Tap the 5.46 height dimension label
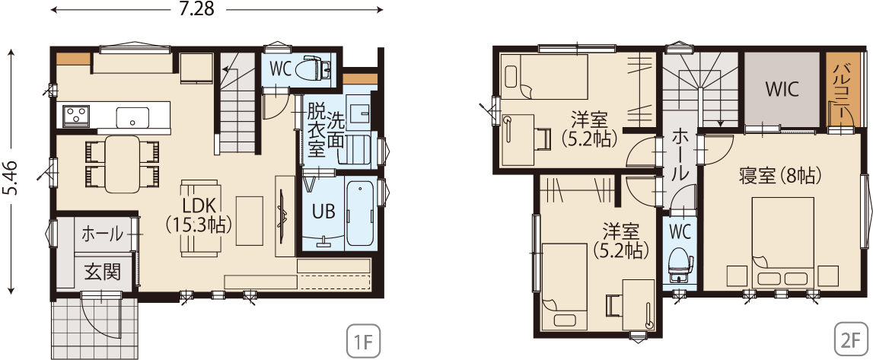11,178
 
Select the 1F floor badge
363,340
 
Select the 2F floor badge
852,340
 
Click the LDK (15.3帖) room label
199,214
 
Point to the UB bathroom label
323,212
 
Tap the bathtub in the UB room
360,212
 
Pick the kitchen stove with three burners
75,116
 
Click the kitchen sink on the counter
132,117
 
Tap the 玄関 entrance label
103,272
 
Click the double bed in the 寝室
783,243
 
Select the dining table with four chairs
123,164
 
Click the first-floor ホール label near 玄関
103,234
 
